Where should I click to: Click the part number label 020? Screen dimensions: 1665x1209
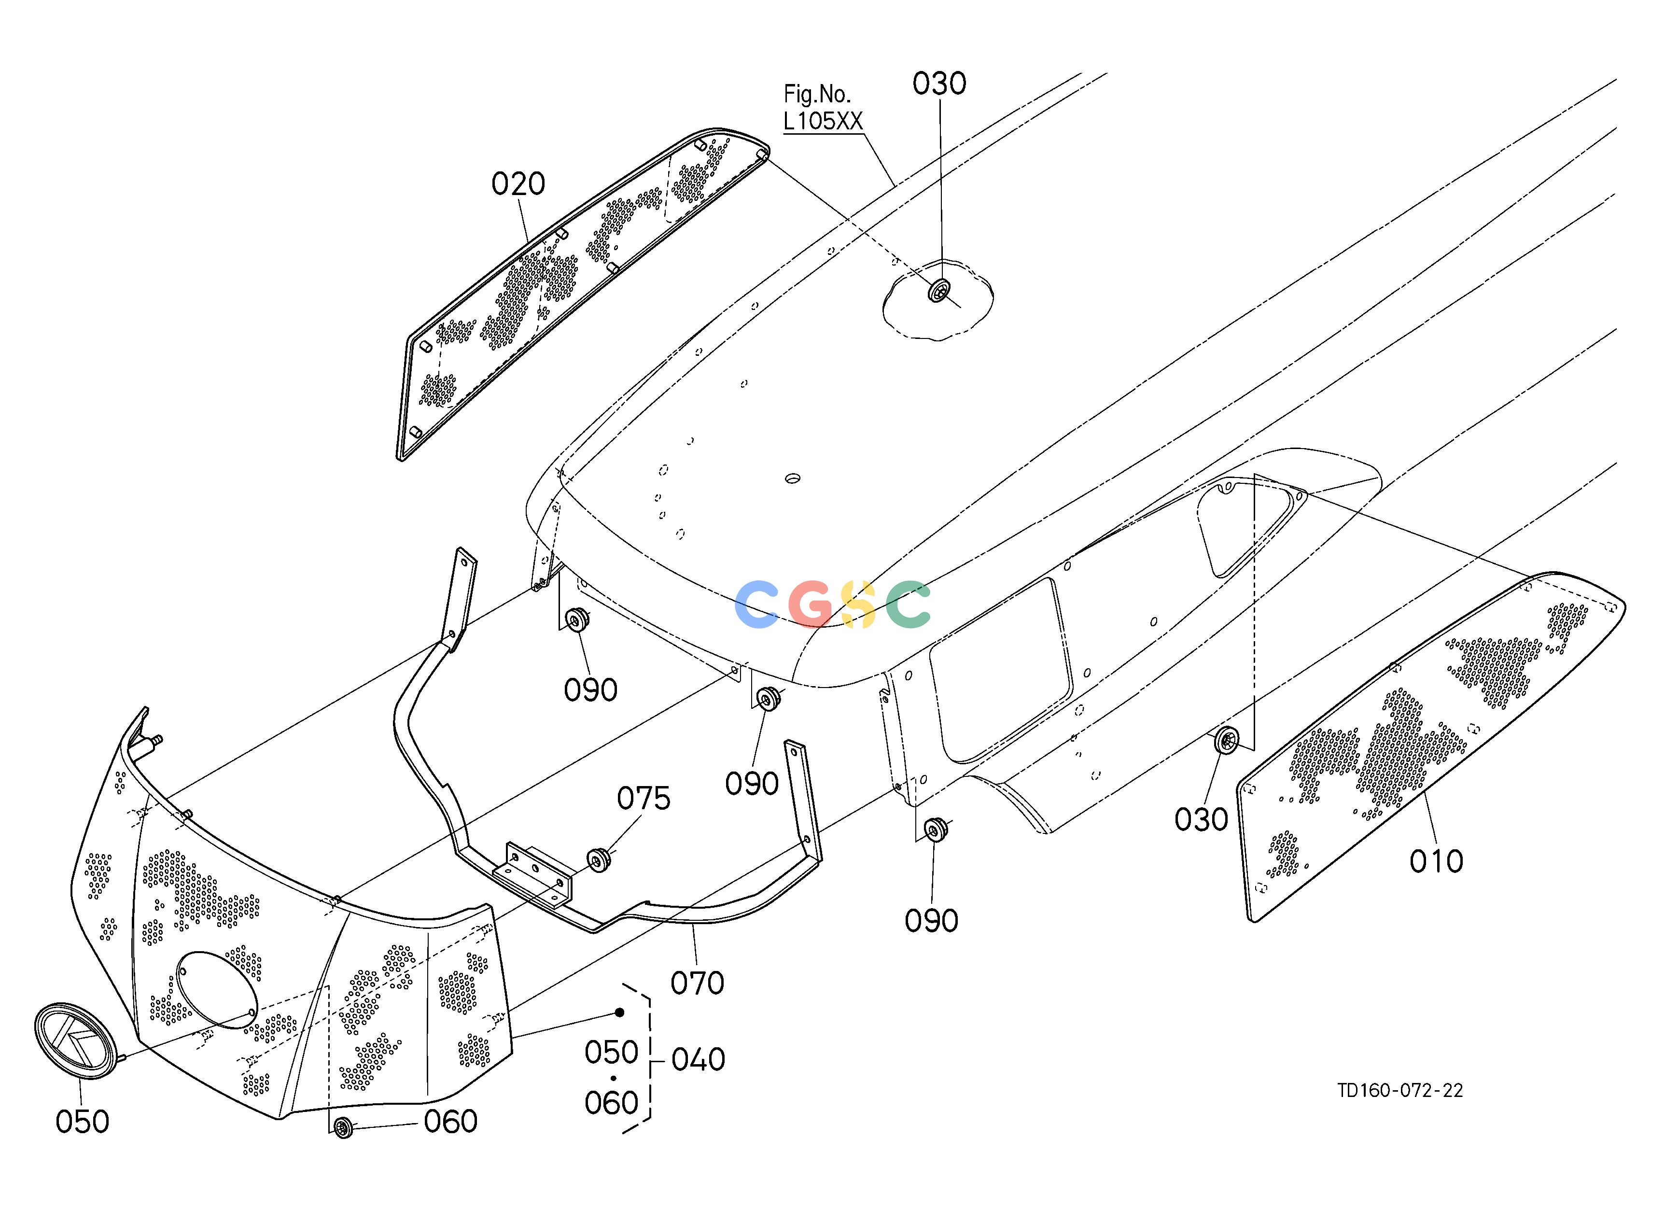click(x=518, y=183)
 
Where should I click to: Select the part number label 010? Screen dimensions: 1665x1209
click(x=1437, y=861)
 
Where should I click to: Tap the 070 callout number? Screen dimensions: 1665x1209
click(x=698, y=983)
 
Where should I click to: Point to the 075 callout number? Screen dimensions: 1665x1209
click(x=644, y=799)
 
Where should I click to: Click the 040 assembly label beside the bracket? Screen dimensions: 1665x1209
click(x=698, y=1060)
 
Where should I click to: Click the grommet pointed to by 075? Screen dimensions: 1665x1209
click(x=599, y=859)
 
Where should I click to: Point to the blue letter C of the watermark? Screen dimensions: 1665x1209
click(x=757, y=604)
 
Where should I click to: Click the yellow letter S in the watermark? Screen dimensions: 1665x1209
click(x=858, y=604)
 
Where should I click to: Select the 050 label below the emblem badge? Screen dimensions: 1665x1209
click(x=82, y=1122)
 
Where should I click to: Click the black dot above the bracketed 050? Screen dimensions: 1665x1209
click(x=619, y=1012)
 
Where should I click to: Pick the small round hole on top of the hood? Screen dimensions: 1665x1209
click(x=793, y=478)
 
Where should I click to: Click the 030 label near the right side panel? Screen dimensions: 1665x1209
click(x=1201, y=820)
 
